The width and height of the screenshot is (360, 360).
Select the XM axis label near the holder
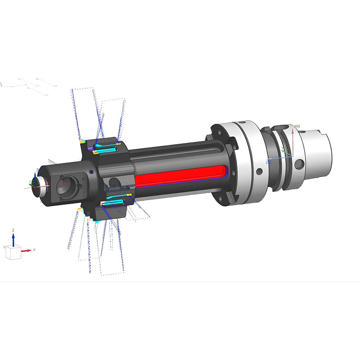coord(297,126)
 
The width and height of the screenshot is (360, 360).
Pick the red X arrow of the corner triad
coord(27,250)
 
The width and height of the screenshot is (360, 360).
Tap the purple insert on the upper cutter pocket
coord(90,148)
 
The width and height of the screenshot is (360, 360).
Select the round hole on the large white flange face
coord(259,171)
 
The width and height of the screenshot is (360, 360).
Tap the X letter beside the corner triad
coord(34,250)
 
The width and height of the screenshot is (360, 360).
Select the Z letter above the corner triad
coord(13,230)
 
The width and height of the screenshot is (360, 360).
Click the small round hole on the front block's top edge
coord(91,171)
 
